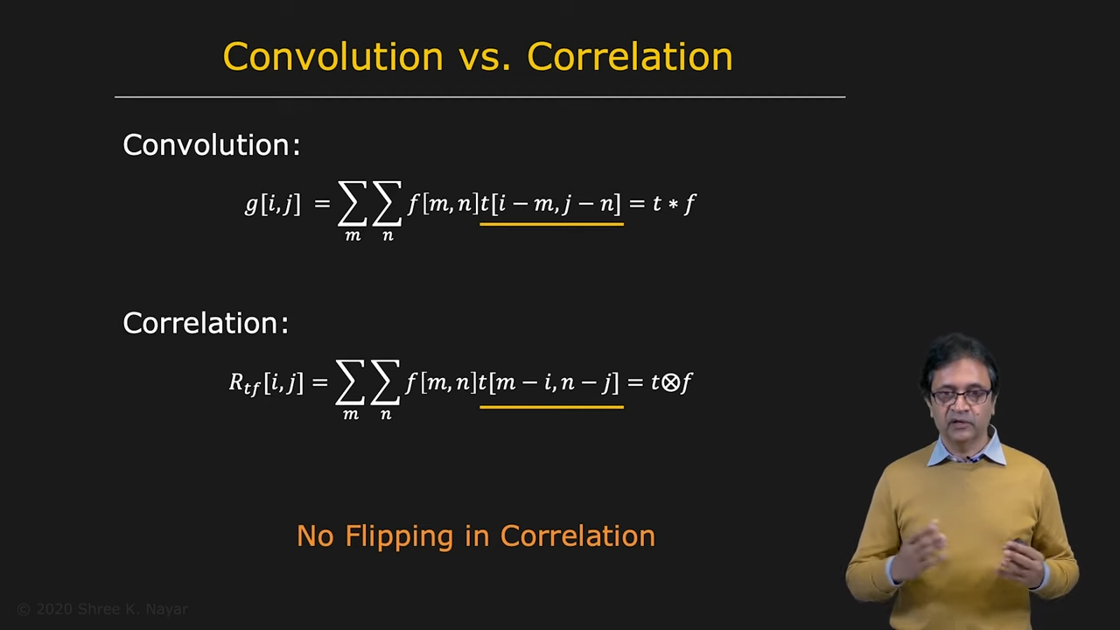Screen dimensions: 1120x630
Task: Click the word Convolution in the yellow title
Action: click(x=333, y=57)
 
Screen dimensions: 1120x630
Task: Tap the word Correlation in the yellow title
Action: click(x=630, y=57)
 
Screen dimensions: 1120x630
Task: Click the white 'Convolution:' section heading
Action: click(x=212, y=145)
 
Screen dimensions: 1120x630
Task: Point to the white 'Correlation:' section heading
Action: click(x=206, y=323)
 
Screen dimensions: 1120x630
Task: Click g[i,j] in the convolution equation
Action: click(x=272, y=204)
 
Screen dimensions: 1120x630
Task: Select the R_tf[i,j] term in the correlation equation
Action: click(x=266, y=383)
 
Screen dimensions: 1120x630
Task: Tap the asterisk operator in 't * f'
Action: click(x=673, y=205)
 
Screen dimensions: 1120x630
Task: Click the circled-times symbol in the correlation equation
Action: click(x=670, y=383)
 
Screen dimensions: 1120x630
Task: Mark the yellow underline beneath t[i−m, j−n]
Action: click(x=551, y=225)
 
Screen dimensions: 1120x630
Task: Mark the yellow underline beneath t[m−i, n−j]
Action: click(x=551, y=408)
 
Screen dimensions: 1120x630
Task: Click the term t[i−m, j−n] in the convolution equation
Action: click(x=550, y=204)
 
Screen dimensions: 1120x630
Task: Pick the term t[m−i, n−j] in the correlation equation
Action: click(x=549, y=383)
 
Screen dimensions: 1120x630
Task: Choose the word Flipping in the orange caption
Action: click(x=399, y=537)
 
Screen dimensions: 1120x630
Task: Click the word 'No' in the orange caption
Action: click(x=315, y=536)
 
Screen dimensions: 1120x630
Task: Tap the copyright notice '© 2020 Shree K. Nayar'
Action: click(x=102, y=609)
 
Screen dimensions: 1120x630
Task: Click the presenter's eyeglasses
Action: click(x=961, y=397)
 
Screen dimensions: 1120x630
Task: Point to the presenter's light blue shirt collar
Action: click(x=966, y=449)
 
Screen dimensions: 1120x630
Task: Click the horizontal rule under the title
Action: click(x=480, y=97)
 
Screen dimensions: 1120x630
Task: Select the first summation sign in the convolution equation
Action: click(x=352, y=204)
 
